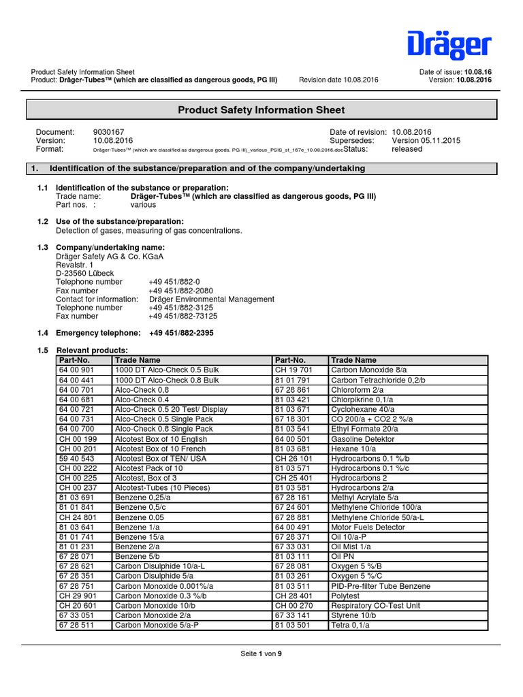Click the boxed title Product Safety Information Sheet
pos(261,110)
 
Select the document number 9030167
pos(108,132)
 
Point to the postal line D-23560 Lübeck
pos(83,273)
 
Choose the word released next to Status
pos(407,149)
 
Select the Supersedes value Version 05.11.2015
pos(426,141)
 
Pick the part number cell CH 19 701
pos(293,368)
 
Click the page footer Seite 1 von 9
pos(261,653)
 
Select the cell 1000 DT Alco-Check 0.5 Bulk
pos(167,368)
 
